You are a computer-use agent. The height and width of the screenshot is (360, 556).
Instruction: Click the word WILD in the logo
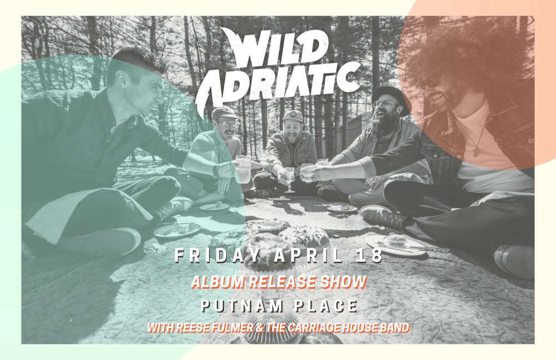(x=273, y=47)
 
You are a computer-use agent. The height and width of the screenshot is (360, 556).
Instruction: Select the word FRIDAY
(x=219, y=255)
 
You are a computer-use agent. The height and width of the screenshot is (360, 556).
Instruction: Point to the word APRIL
(x=309, y=255)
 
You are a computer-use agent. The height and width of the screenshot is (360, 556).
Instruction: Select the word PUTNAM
(x=242, y=306)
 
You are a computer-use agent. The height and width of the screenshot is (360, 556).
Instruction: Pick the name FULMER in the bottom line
(x=232, y=328)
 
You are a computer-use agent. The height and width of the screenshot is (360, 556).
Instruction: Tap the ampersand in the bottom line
(x=260, y=328)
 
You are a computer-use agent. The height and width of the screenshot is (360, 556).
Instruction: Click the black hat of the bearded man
(x=391, y=97)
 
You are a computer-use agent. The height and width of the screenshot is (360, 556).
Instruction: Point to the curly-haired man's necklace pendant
(x=475, y=152)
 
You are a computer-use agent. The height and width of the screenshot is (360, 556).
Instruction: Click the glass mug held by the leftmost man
(x=244, y=169)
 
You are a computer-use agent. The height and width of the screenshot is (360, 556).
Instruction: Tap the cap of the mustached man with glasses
(x=224, y=113)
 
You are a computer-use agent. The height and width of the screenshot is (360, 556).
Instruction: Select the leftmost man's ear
(x=123, y=80)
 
